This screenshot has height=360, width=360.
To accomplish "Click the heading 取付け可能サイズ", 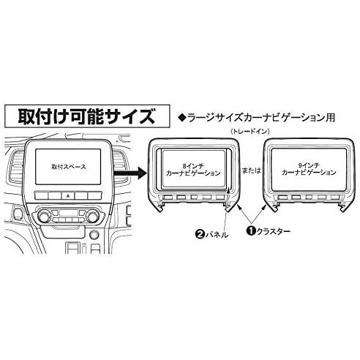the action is tap(86, 116).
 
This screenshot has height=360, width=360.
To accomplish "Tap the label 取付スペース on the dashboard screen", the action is tap(69, 167).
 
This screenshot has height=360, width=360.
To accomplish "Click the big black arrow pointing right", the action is tap(131, 173).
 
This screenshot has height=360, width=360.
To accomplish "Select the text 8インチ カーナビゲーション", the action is tap(193, 170).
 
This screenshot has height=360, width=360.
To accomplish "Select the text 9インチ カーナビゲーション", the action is tap(309, 169).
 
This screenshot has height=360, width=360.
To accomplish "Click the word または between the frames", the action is tap(252, 170).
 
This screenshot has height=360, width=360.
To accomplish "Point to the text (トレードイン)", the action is tap(250, 132).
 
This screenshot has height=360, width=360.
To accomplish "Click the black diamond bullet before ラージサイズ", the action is tap(182, 118).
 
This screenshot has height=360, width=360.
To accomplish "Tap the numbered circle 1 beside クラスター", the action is tap(250, 230).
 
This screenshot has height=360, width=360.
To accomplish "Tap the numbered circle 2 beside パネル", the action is tap(199, 235).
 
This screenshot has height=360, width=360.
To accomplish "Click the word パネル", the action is tap(217, 235).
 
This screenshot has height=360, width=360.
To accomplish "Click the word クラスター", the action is tap(273, 231).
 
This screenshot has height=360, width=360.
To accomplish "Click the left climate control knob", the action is tap(45, 217).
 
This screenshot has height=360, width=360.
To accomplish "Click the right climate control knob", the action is tap(93, 217).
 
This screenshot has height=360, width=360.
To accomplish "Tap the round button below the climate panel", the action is tap(94, 235).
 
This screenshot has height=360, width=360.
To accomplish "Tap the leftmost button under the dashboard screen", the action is tap(42, 195).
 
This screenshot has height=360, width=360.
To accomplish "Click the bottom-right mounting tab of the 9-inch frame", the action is tap(343, 207).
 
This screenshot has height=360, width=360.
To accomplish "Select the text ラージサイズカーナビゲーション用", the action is tap(261, 118).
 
